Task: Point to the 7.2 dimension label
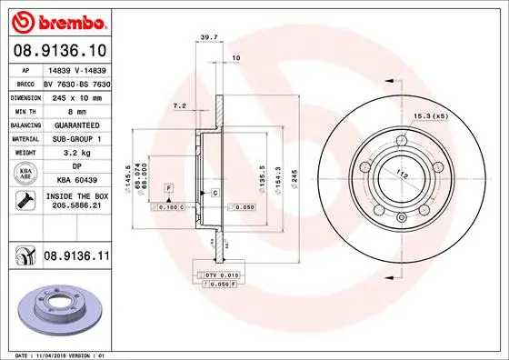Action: (x=179, y=106)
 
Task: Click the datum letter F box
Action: (x=168, y=187)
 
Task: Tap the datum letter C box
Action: (x=214, y=194)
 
